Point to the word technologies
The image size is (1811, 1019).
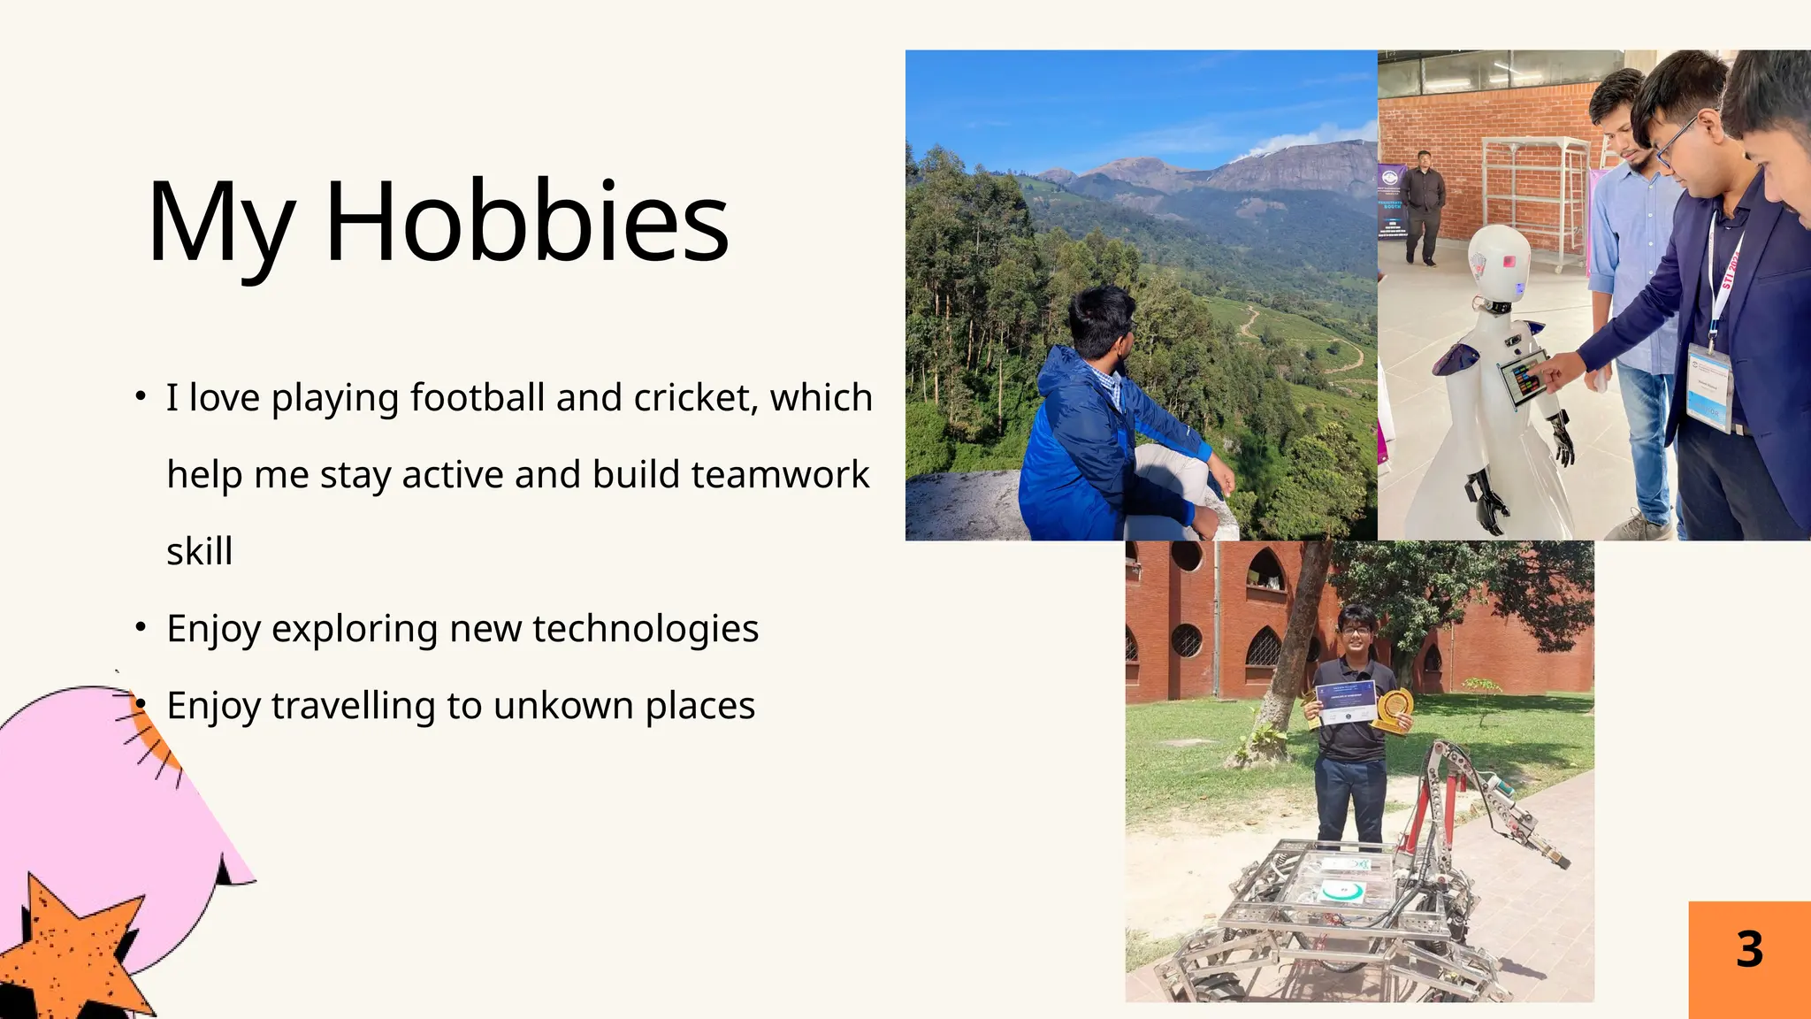(645, 629)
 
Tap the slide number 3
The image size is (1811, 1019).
(1749, 950)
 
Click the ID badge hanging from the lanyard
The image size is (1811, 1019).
(1708, 387)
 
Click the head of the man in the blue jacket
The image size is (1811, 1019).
(1102, 318)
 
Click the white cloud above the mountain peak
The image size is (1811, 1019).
(1300, 142)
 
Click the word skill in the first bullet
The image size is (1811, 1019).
(200, 552)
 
